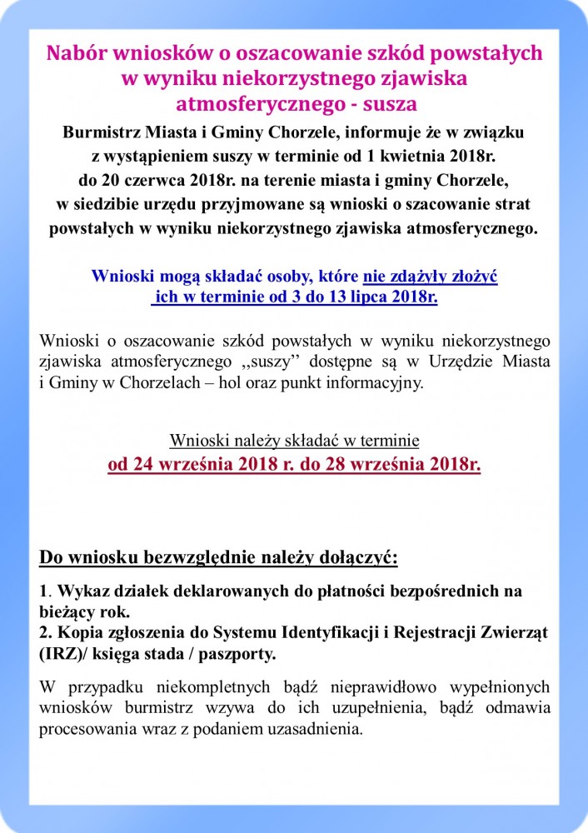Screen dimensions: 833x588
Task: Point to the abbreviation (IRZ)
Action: [61, 655]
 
